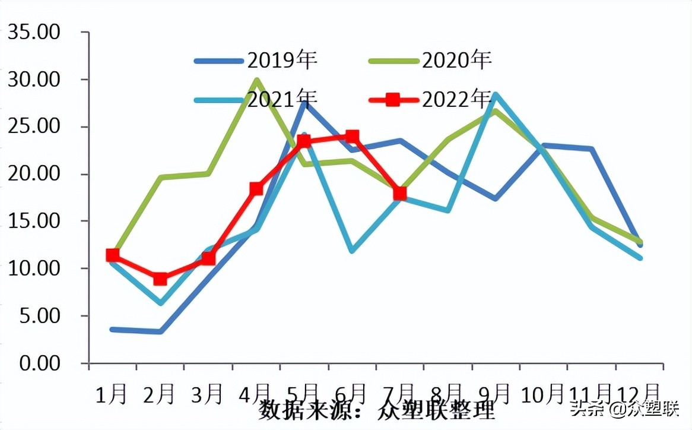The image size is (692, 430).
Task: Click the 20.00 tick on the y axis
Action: pyautogui.click(x=34, y=174)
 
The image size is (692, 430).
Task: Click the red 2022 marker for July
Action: pyautogui.click(x=400, y=193)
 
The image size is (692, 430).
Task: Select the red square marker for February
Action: pyautogui.click(x=160, y=279)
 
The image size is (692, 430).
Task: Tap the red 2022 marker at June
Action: pyautogui.click(x=352, y=137)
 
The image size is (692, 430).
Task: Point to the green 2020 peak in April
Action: pyautogui.click(x=256, y=80)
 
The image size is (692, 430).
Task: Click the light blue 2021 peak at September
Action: pyautogui.click(x=496, y=94)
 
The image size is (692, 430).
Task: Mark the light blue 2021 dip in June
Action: pyautogui.click(x=352, y=251)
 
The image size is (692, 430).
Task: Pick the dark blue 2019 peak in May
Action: pyautogui.click(x=304, y=102)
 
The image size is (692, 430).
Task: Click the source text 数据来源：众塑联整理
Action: pyautogui.click(x=376, y=410)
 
